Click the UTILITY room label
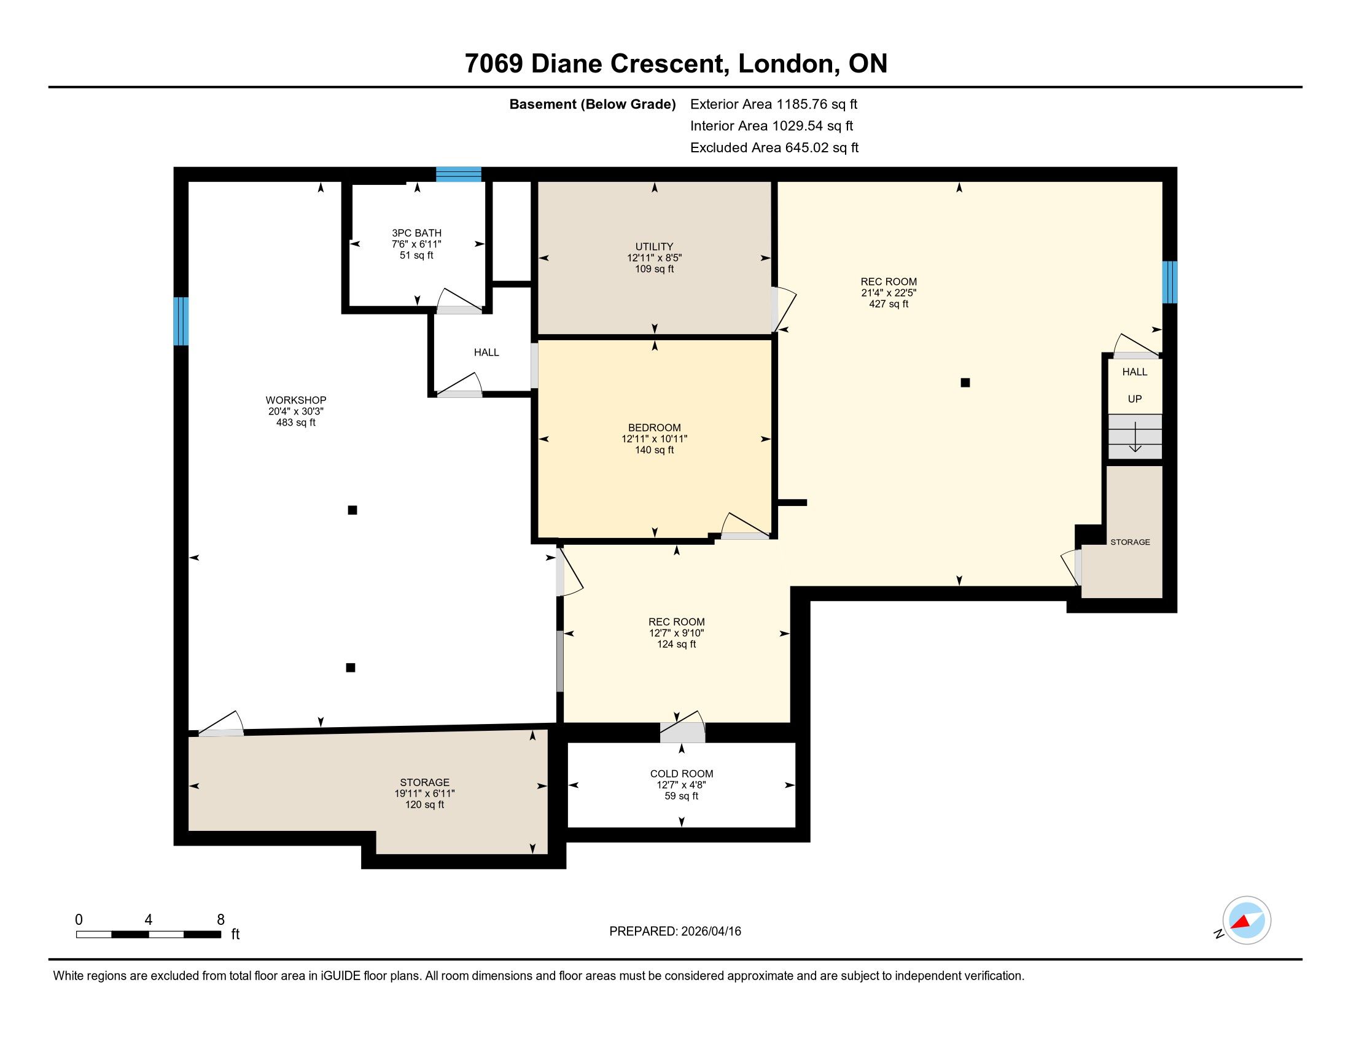654,246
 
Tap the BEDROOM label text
654,427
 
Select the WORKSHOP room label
296,400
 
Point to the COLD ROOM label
681,774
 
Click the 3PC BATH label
416,233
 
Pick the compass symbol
1246,921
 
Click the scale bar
149,935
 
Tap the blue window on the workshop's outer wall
181,321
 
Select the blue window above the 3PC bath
458,174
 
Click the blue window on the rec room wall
1169,282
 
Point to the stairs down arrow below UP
1135,437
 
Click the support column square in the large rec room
964,383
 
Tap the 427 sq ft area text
889,304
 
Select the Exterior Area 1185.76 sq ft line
773,104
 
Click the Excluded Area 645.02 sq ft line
774,147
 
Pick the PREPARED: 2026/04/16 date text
675,932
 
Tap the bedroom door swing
745,526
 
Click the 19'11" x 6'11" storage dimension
424,793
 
